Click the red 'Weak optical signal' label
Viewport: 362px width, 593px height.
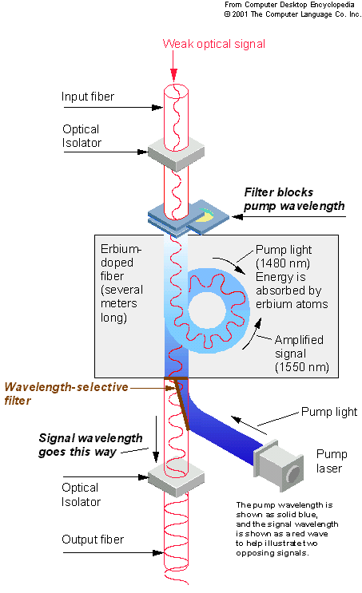(x=214, y=44)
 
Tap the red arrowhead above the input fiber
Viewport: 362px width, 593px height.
(x=173, y=75)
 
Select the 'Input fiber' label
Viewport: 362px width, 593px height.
(x=88, y=97)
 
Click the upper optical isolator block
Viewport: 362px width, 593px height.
(x=176, y=153)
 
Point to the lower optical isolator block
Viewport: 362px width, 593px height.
(x=176, y=479)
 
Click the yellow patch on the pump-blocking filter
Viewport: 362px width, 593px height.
(x=206, y=216)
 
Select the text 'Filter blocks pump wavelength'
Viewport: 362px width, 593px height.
(x=294, y=199)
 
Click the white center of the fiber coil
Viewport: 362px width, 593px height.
(x=207, y=310)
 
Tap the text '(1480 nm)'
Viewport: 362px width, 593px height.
(x=283, y=263)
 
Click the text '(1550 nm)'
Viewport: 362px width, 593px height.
(x=302, y=367)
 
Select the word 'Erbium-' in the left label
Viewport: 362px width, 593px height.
(x=121, y=249)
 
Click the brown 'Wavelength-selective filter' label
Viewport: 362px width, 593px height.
(x=66, y=393)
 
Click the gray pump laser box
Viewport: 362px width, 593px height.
(x=279, y=465)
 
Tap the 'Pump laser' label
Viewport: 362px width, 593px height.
(x=332, y=461)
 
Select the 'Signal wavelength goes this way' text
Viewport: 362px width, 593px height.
(x=90, y=445)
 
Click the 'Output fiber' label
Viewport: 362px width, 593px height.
(x=93, y=540)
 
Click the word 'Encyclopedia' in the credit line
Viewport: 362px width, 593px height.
(x=332, y=5)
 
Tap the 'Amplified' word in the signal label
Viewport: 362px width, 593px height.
(x=299, y=340)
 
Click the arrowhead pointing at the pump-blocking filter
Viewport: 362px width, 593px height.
(x=237, y=217)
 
